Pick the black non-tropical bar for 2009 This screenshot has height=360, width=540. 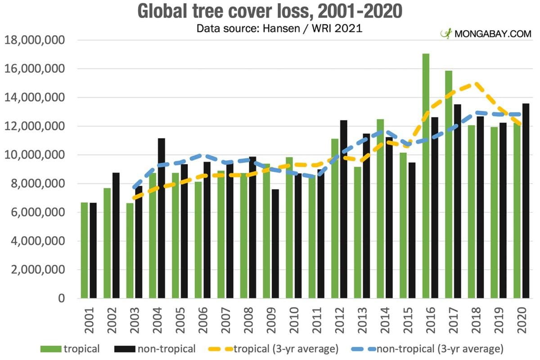point(275,243)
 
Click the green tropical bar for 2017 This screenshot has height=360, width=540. point(449,184)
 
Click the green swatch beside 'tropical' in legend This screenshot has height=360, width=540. point(51,349)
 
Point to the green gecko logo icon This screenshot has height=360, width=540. point(446,33)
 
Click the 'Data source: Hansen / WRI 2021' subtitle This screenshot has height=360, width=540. point(279,29)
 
